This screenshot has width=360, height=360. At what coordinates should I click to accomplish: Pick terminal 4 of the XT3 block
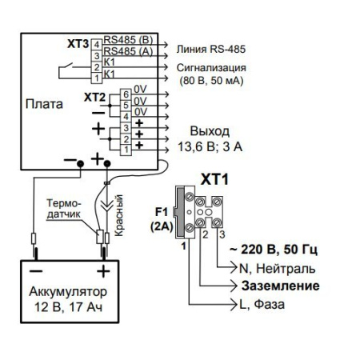coord(96,41)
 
